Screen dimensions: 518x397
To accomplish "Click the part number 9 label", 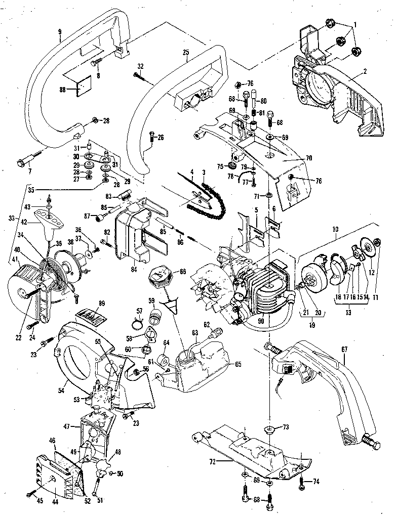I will point(59,34).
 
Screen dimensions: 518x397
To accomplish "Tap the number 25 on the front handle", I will point(185,53).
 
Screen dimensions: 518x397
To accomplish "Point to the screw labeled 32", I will point(142,76).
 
